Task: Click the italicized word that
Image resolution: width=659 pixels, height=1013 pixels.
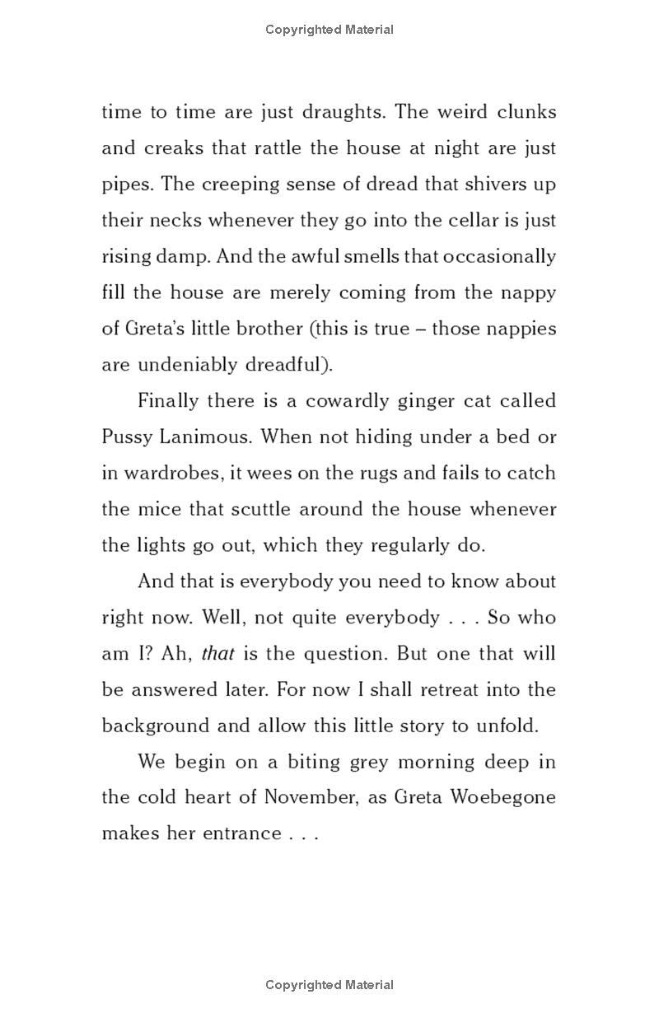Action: pyautogui.click(x=218, y=654)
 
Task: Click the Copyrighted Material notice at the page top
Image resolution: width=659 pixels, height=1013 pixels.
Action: pyautogui.click(x=329, y=30)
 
